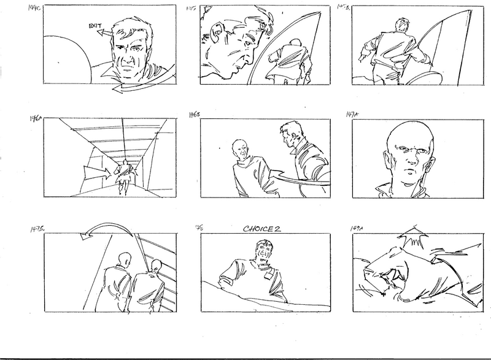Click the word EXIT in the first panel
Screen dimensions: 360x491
(x=95, y=27)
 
